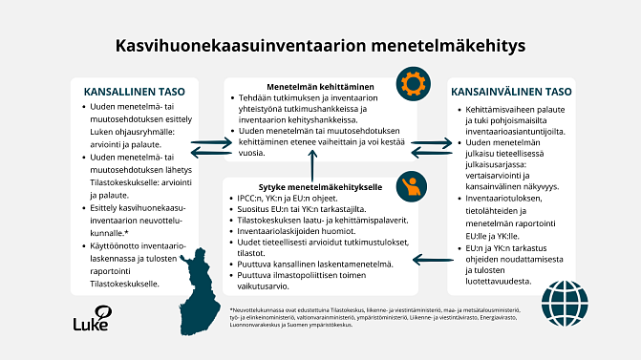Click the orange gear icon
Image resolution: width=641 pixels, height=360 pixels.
coord(413,79)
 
